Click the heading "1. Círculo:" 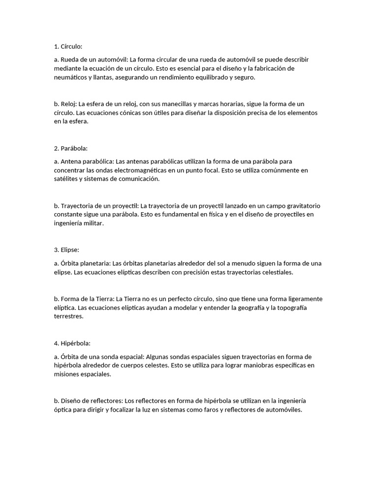tap(68, 47)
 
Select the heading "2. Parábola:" tap(70, 148)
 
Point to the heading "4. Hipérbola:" tap(72, 343)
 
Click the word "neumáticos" tap(71, 78)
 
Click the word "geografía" tap(259, 307)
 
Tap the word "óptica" tap(63, 410)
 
